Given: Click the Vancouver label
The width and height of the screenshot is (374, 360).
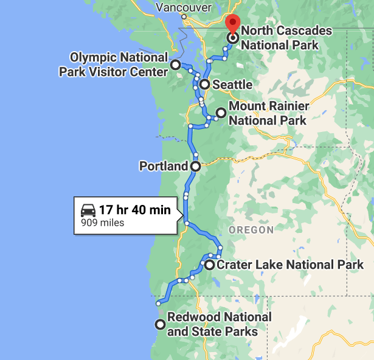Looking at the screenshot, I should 183,7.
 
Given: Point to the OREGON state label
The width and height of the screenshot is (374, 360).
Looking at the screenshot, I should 251,230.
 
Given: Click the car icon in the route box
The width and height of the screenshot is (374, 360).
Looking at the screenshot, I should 88,210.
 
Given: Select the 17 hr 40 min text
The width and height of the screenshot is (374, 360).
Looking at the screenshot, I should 134,210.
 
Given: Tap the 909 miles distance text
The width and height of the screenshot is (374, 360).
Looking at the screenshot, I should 103,223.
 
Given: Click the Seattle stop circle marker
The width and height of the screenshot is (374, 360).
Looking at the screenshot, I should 204,85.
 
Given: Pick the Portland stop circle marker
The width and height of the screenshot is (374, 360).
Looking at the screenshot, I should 196,165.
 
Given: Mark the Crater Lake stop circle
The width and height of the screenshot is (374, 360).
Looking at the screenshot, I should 209,265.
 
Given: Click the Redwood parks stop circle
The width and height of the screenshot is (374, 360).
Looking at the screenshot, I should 160,324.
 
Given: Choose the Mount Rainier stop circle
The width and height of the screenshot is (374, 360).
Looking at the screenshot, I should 221,112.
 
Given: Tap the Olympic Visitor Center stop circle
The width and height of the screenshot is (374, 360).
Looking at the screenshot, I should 175,64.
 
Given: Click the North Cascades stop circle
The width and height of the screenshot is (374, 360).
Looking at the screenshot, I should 232,38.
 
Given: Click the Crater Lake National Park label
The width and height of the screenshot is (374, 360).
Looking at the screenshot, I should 290,265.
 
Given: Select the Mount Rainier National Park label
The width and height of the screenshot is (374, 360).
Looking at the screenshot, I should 268,113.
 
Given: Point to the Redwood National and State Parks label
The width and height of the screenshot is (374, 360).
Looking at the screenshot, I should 219,324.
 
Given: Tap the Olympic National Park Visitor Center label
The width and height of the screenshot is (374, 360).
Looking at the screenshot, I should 114,64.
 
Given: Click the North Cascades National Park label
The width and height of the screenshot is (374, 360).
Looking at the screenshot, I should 286,37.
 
